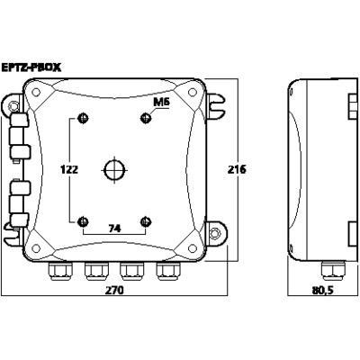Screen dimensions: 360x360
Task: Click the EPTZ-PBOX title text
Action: (x=32, y=66)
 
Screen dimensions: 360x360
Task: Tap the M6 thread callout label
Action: (x=161, y=104)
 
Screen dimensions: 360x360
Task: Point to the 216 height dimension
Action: (x=236, y=169)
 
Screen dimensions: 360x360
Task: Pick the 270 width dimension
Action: (x=114, y=291)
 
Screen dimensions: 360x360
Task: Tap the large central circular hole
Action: (x=115, y=168)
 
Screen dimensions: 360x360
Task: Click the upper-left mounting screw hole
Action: (x=84, y=118)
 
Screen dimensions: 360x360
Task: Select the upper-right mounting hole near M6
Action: (x=147, y=118)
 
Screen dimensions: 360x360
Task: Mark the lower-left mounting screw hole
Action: (x=84, y=220)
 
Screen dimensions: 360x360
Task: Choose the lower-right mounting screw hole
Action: (x=147, y=220)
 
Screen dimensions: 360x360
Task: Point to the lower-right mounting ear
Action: (x=217, y=232)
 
